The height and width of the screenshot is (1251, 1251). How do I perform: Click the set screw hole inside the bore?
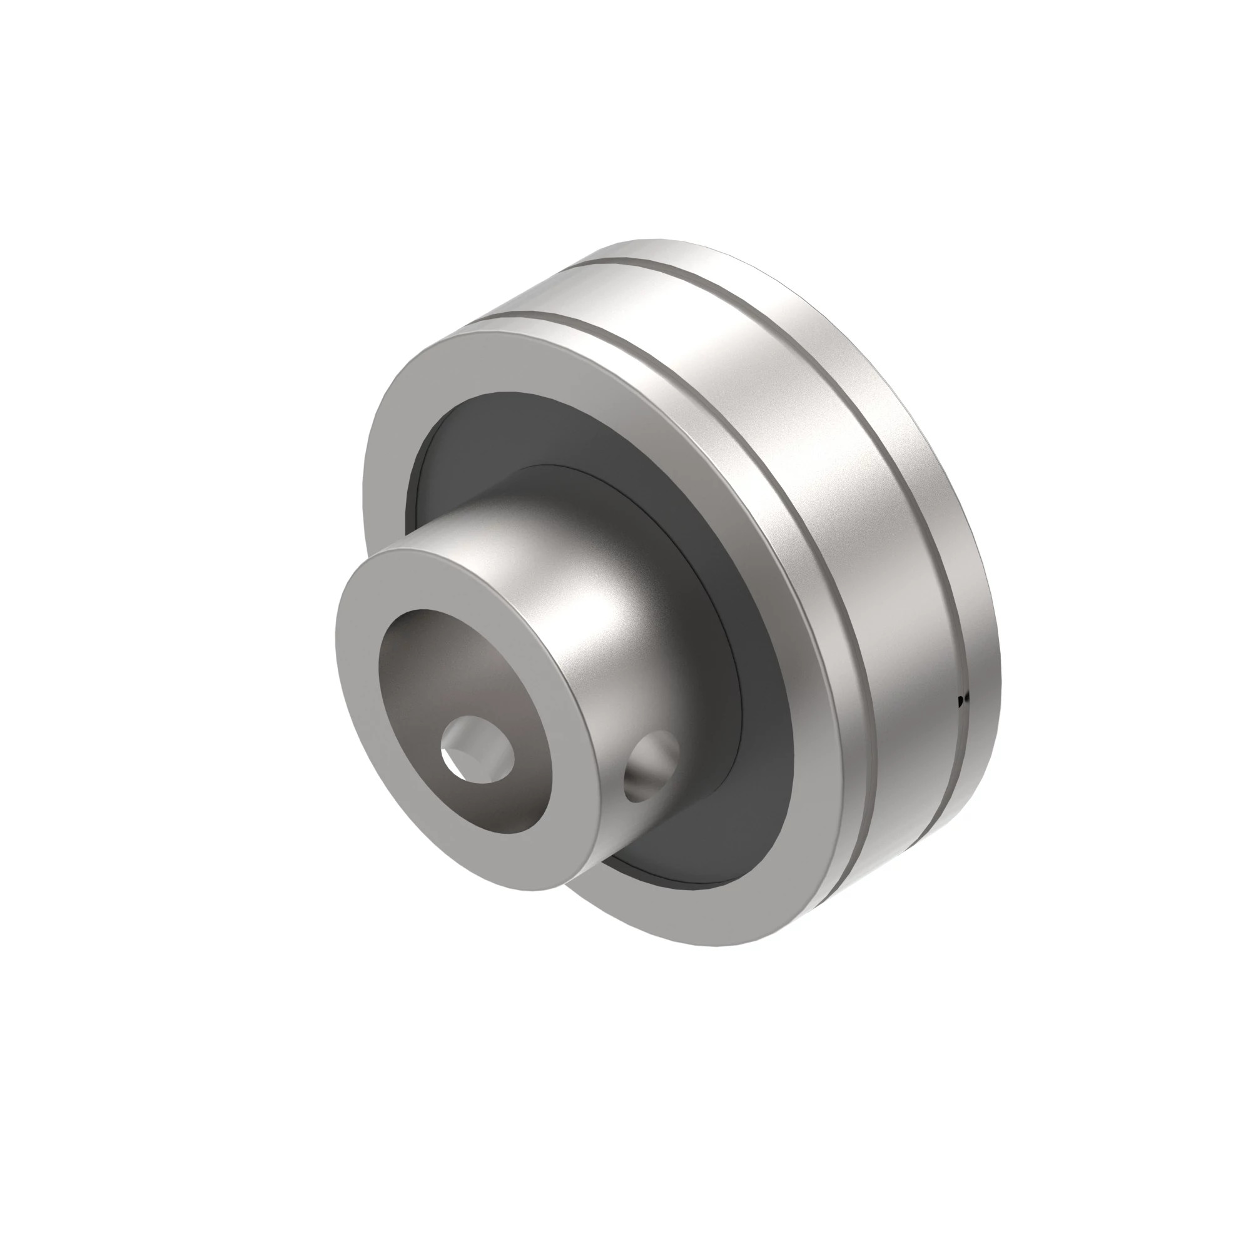click(477, 750)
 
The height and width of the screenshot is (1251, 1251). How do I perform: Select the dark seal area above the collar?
click(518, 434)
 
